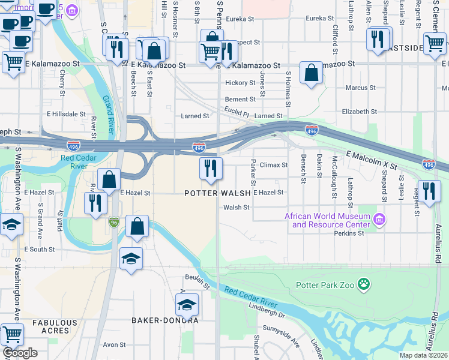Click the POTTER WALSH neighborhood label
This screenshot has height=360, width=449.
(217, 193)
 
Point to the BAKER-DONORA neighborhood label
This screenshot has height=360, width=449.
(165, 320)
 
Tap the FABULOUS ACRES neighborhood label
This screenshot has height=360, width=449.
(55, 326)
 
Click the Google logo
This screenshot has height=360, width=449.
(20, 352)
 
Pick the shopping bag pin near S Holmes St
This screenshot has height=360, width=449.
(311, 73)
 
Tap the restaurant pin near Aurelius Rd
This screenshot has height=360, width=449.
(428, 192)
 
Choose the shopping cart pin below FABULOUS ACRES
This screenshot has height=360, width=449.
(11, 334)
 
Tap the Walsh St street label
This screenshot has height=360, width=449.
(236, 208)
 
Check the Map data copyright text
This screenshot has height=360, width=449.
(423, 355)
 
